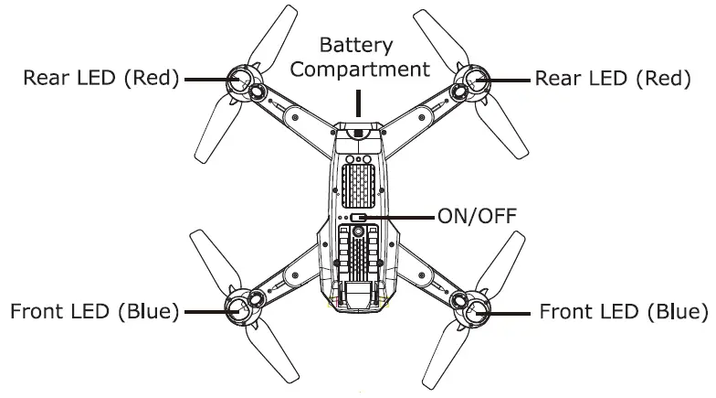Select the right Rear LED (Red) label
[613, 78]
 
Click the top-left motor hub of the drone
[238, 81]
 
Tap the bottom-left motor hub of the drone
[238, 311]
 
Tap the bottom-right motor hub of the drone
[476, 311]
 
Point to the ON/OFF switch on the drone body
[358, 219]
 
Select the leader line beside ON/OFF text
[402, 218]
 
